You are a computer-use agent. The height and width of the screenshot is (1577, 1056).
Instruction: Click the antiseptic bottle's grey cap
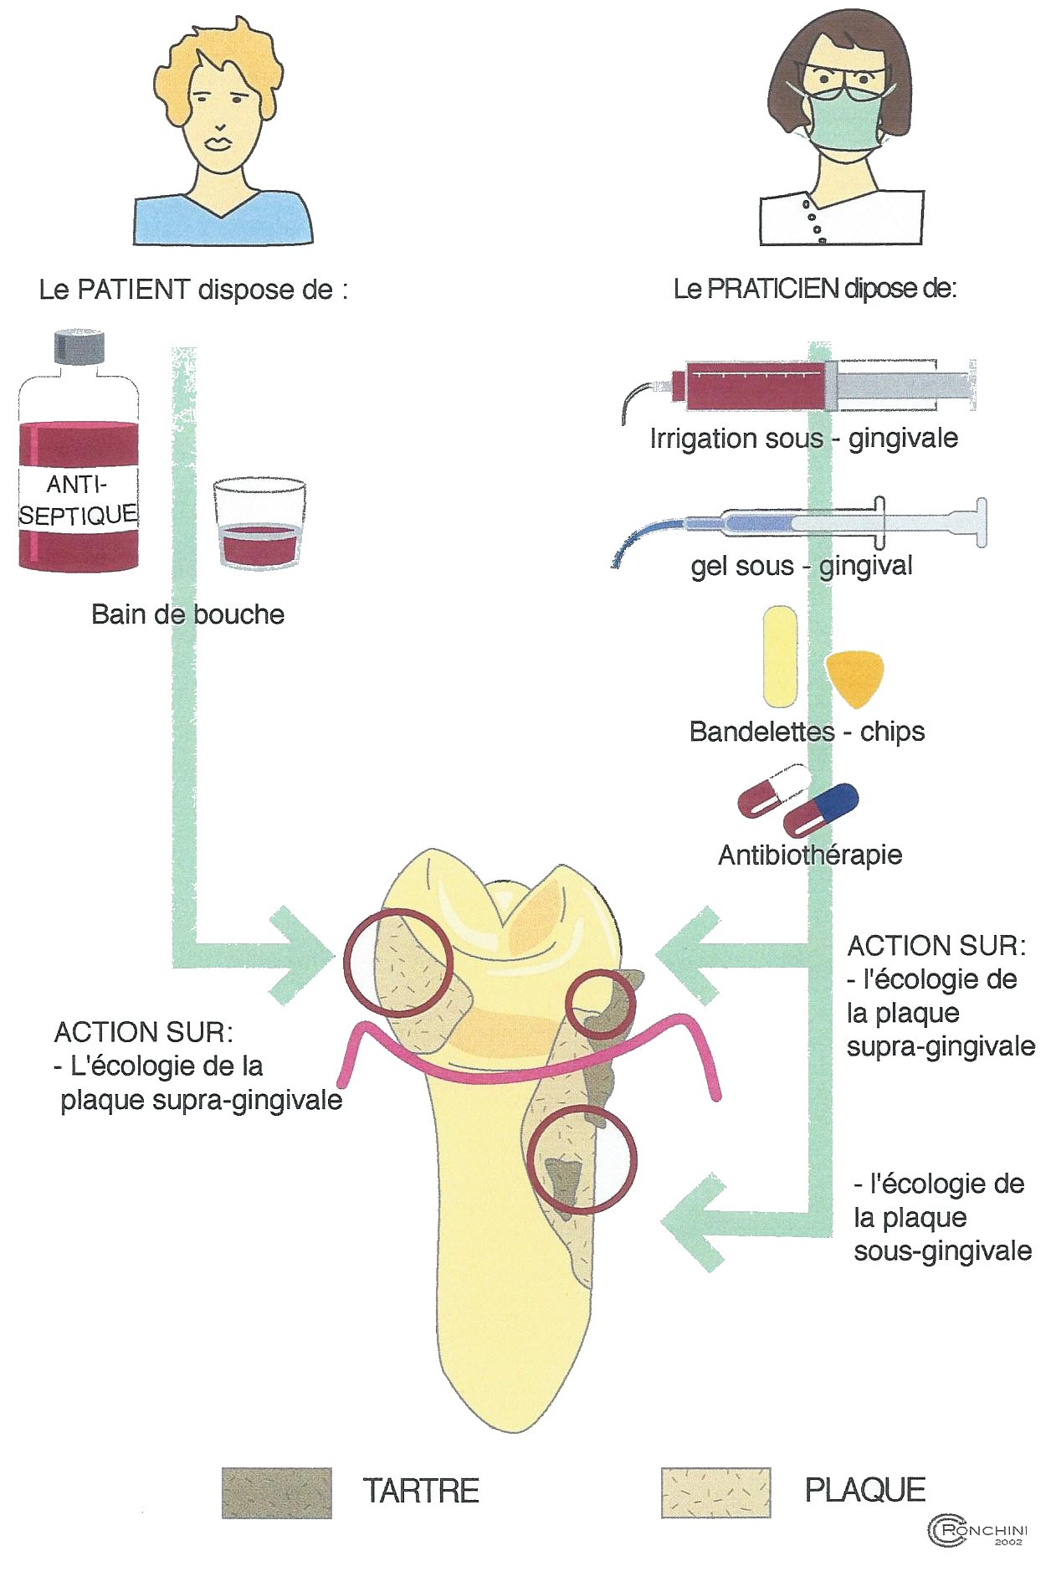pos(79,347)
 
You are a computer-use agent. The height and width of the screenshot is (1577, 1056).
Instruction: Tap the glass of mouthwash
pos(259,526)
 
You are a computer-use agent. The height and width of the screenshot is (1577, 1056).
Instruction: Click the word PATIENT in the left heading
pos(133,290)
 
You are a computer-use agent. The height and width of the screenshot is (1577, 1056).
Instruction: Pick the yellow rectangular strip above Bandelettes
pos(780,657)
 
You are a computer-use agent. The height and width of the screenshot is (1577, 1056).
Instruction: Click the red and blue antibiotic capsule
pos(821,809)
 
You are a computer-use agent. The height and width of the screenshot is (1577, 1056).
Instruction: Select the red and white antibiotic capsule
pos(773,789)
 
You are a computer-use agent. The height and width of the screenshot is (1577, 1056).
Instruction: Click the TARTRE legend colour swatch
pos(276,1492)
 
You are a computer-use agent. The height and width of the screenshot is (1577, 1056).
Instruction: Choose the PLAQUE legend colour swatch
pos(715,1491)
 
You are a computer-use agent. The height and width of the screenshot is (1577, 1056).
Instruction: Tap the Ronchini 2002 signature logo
pos(977,1531)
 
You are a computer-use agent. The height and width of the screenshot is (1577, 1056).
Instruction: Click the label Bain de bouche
pos(187,614)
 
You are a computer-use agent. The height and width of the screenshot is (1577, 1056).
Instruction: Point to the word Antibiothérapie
pos(810,855)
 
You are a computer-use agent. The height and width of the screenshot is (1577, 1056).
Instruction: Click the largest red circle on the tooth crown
pos(398,963)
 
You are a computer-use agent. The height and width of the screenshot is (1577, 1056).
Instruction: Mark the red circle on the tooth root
pos(582,1158)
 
